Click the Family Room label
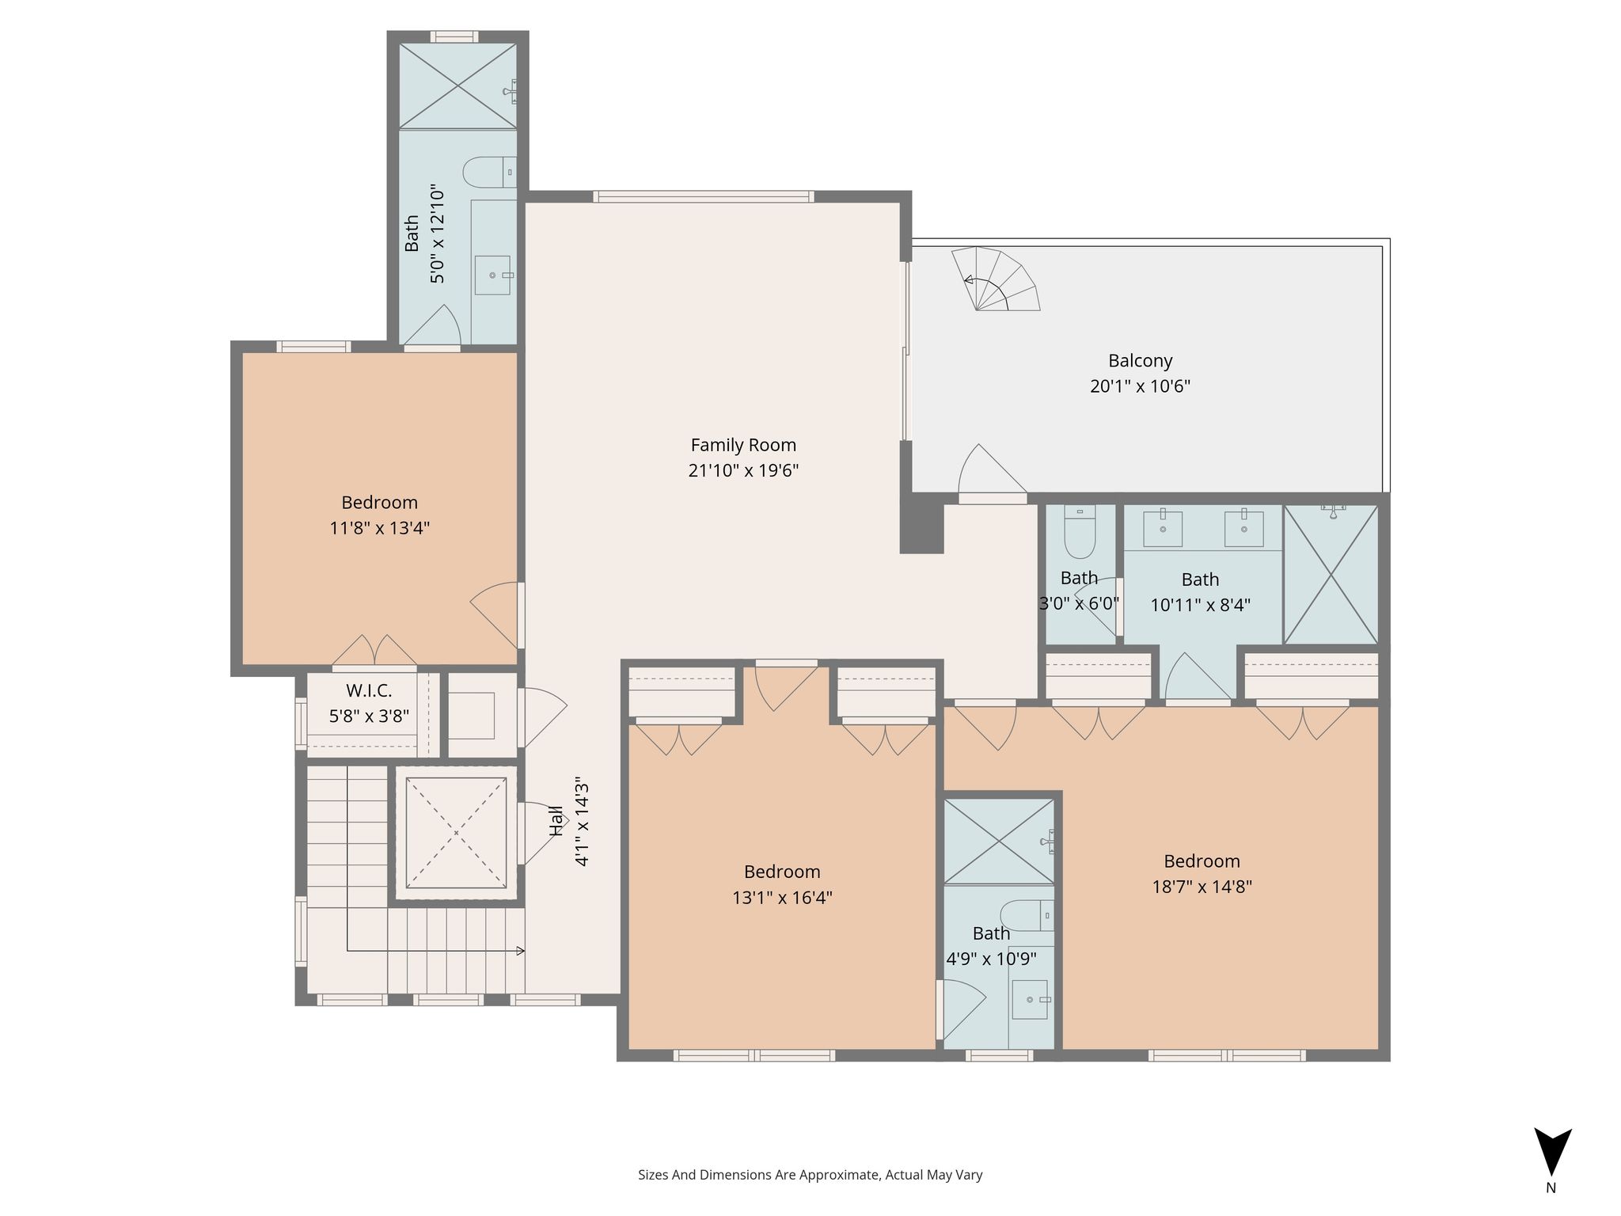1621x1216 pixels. point(743,445)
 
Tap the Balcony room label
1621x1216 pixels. point(1140,361)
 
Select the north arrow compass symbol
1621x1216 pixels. point(1552,1153)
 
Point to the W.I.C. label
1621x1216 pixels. point(369,690)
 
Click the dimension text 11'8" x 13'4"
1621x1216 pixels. point(380,528)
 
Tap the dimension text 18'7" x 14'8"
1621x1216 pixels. point(1202,887)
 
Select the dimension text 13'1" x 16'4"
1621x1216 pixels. point(782,898)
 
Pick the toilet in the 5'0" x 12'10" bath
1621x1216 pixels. point(489,172)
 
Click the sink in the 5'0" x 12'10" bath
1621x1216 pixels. point(493,275)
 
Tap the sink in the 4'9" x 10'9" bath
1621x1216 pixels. point(1031,999)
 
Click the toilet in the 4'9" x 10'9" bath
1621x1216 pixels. point(1027,916)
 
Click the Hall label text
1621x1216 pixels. point(556,821)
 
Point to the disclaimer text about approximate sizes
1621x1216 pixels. point(810,1175)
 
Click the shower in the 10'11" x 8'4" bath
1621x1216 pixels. point(1331,575)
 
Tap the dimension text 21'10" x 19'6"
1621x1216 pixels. point(743,470)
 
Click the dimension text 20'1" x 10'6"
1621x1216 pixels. point(1140,386)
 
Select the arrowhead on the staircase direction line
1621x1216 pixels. point(520,951)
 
